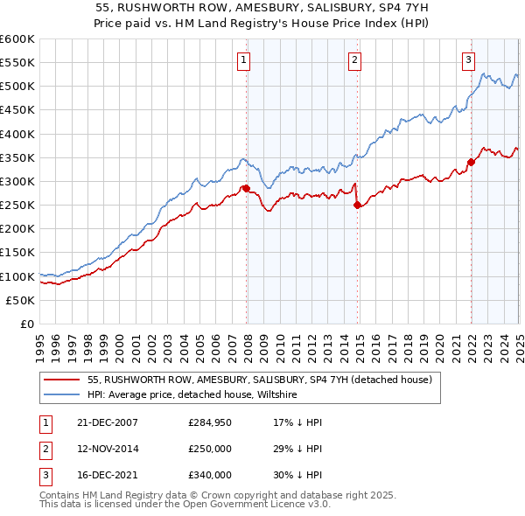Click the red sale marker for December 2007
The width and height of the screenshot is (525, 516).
pyautogui.click(x=246, y=188)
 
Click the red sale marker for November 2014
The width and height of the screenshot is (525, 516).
pyautogui.click(x=357, y=205)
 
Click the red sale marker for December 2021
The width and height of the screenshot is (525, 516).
pyautogui.click(x=471, y=162)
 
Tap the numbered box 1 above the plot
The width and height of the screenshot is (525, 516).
pyautogui.click(x=242, y=60)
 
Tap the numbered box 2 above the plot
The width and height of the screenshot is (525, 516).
pyautogui.click(x=354, y=60)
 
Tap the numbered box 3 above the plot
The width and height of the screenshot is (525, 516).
pyautogui.click(x=468, y=60)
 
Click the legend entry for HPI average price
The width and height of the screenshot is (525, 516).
pyautogui.click(x=192, y=395)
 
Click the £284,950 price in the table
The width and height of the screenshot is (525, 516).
pyautogui.click(x=211, y=422)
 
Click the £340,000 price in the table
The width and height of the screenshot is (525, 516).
pyautogui.click(x=211, y=477)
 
